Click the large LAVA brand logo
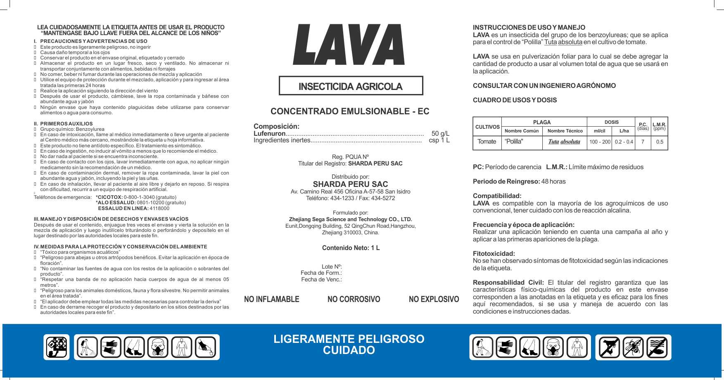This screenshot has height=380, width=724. pyautogui.click(x=349, y=44)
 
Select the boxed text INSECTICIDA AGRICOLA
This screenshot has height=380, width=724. pyautogui.click(x=351, y=86)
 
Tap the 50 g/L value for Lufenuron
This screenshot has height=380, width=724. pyautogui.click(x=440, y=133)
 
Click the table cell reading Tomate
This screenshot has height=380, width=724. pyautogui.click(x=487, y=142)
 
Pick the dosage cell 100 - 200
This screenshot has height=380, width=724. pyautogui.click(x=600, y=142)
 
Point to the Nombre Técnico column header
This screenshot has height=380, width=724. pyautogui.click(x=565, y=131)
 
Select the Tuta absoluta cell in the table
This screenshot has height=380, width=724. pyautogui.click(x=564, y=142)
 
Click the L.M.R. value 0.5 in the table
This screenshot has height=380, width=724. pyautogui.click(x=660, y=142)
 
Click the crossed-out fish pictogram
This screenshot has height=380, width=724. pyautogui.click(x=657, y=347)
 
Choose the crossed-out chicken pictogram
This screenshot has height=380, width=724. pyautogui.click(x=609, y=347)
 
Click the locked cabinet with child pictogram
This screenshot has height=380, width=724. pyautogui.click(x=57, y=347)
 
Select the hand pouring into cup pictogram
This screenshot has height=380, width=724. pyautogui.click(x=206, y=347)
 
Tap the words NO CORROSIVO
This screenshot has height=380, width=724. pyautogui.click(x=354, y=299)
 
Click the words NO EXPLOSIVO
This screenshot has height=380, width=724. pyautogui.click(x=434, y=299)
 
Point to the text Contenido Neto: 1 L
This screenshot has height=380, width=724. pyautogui.click(x=351, y=248)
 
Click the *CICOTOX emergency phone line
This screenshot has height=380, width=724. pyautogui.click(x=136, y=197)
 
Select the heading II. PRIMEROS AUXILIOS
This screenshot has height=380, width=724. pyautogui.click(x=63, y=123)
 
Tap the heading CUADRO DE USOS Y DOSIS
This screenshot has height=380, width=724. pyautogui.click(x=515, y=100)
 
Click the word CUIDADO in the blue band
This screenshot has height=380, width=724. pyautogui.click(x=349, y=350)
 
